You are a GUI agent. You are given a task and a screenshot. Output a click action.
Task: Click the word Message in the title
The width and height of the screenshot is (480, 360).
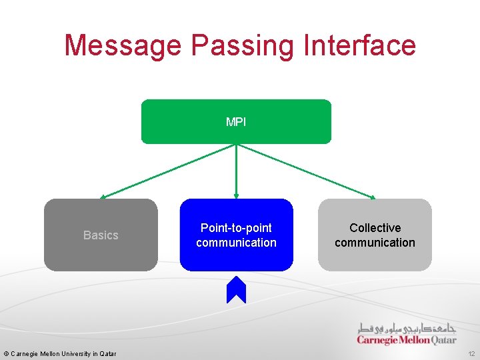coord(123,45)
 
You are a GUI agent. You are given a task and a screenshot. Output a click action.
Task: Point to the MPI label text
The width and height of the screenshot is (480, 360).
coord(236,121)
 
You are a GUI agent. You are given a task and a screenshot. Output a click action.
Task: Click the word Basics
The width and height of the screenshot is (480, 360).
coord(101,235)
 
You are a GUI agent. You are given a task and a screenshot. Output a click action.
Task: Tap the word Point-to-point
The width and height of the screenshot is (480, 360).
coord(236,228)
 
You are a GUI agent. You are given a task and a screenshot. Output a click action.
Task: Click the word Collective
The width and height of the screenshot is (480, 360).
coord(375,228)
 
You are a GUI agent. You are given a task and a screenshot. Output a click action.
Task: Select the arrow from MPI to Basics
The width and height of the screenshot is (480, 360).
coord(167,171)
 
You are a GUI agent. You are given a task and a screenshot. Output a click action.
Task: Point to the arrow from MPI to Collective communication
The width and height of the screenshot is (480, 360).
coord(307,171)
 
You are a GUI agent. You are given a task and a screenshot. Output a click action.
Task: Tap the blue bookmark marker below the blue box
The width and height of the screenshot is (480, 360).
coord(236,290)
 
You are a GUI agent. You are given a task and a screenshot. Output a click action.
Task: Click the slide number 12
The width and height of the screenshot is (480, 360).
coord(471,353)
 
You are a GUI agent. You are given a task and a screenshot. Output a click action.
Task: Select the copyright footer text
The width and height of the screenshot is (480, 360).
coord(60,353)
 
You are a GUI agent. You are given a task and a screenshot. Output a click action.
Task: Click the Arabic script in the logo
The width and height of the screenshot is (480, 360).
coord(407,328)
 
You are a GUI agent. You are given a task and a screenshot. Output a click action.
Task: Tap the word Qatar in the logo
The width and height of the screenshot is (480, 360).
coord(443,340)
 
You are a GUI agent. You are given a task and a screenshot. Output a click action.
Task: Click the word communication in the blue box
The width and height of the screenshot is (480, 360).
coord(236,243)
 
